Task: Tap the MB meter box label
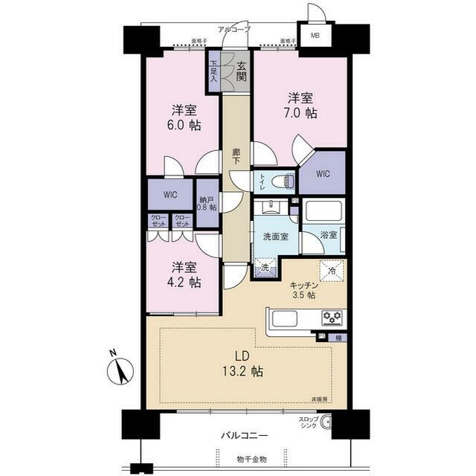pyautogui.click(x=315, y=36)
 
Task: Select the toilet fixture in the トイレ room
pyautogui.click(x=281, y=181)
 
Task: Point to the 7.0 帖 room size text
pyautogui.click(x=301, y=114)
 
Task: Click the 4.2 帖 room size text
pyautogui.click(x=184, y=283)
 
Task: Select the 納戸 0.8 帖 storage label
pyautogui.click(x=208, y=202)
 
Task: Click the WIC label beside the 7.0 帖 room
pyautogui.click(x=322, y=174)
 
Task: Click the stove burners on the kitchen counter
pyautogui.click(x=332, y=318)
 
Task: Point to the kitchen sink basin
pyautogui.click(x=285, y=318)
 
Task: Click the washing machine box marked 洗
pyautogui.click(x=265, y=268)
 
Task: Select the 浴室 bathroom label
pyautogui.click(x=328, y=234)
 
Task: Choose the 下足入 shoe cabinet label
pyautogui.click(x=213, y=72)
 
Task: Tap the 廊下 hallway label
pyautogui.click(x=236, y=157)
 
